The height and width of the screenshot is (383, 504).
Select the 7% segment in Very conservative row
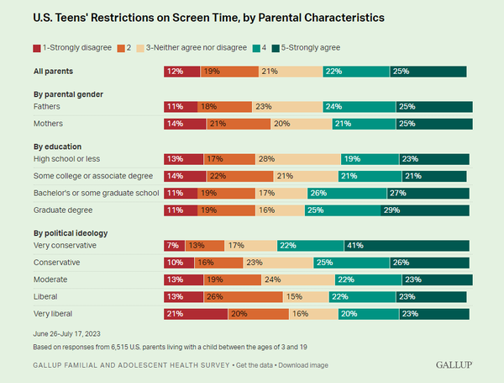click(x=175, y=245)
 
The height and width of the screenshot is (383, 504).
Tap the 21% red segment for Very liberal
click(x=196, y=313)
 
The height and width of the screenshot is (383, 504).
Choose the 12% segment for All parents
click(x=181, y=72)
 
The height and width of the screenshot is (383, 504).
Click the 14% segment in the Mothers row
click(x=185, y=124)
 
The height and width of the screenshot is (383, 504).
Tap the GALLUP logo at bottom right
click(x=453, y=364)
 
